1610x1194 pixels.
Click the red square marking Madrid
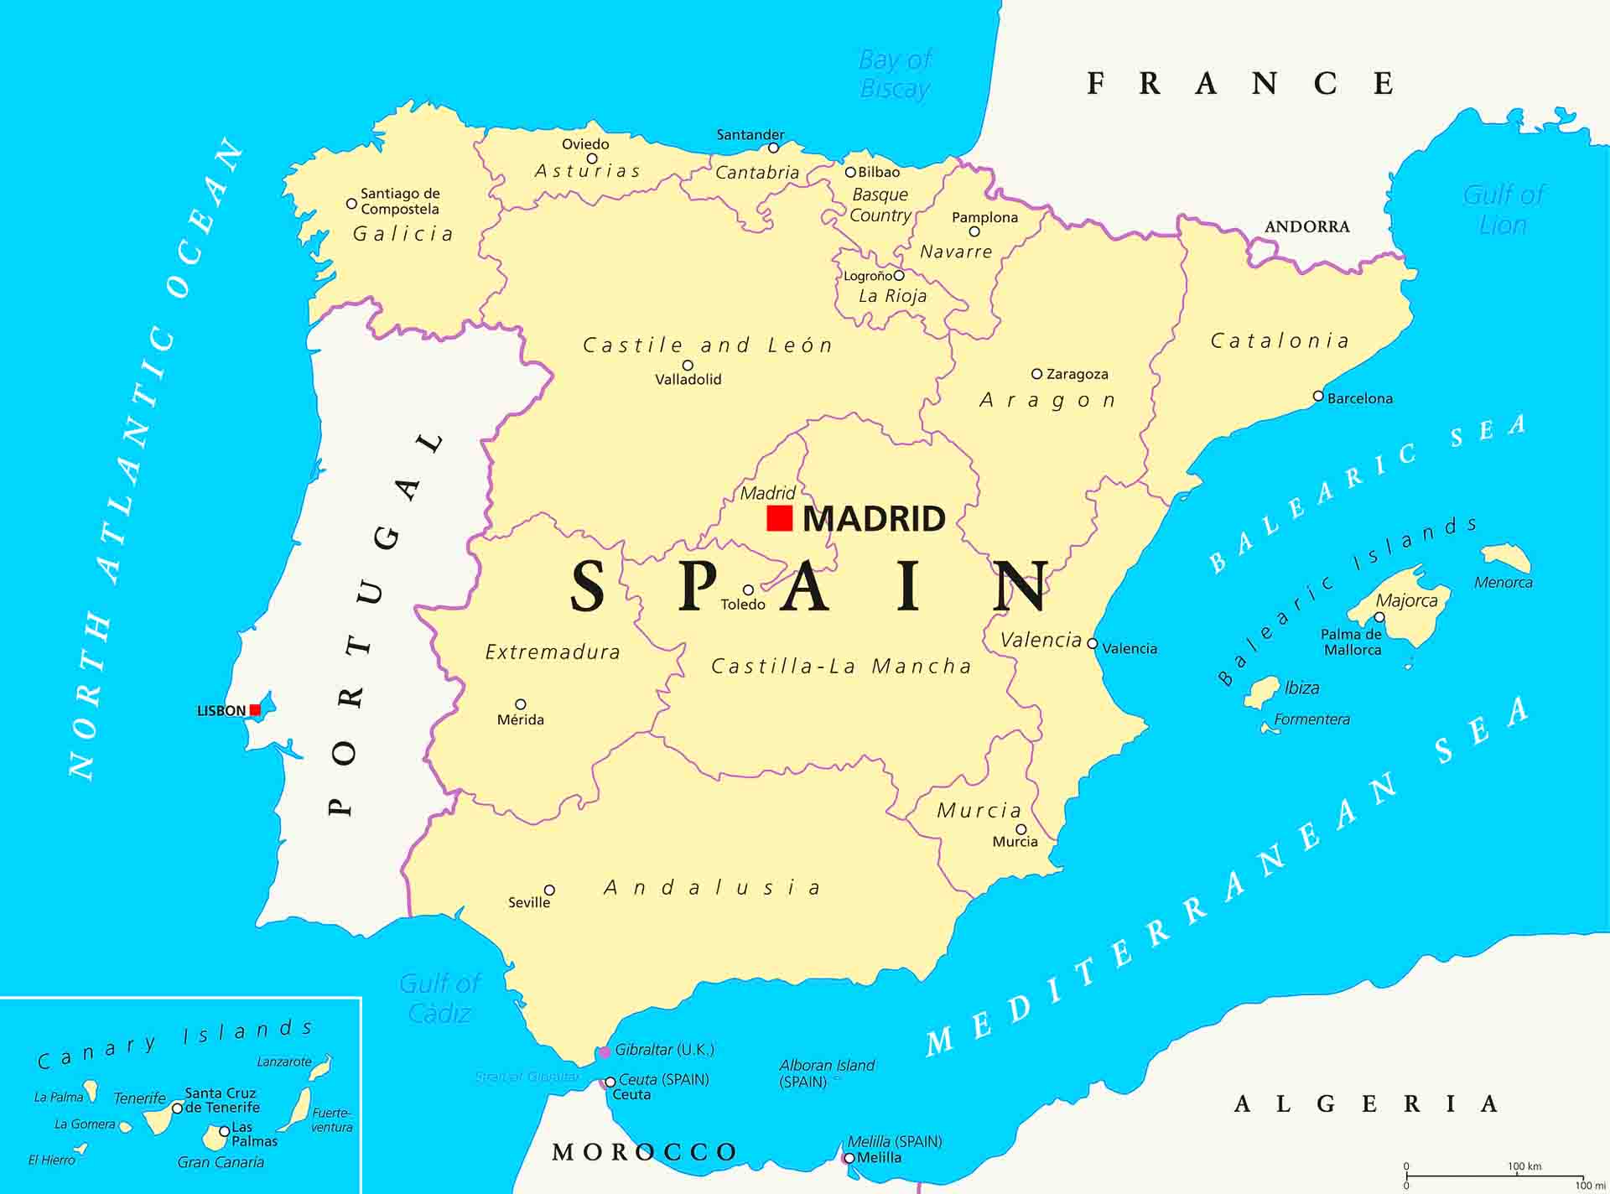779,518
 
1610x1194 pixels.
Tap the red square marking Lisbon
255,710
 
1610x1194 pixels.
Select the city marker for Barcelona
1318,397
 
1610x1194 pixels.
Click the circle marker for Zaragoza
1036,374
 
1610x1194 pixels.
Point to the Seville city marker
549,890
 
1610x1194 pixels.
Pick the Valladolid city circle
688,365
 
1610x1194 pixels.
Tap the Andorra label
1306,226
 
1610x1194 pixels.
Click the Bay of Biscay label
895,75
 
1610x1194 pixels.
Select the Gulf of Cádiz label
439,998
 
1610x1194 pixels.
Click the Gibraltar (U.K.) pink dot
604,1051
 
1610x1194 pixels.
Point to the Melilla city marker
849,1158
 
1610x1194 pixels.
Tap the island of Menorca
1506,558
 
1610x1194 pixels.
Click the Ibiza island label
1301,688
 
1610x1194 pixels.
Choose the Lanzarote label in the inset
283,1062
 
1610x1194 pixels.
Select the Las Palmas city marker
224,1131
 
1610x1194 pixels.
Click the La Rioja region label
892,296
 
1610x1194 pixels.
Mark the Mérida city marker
520,704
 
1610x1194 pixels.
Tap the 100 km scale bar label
1524,1166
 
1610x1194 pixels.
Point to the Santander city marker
773,148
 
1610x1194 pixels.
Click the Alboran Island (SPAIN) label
827,1073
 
